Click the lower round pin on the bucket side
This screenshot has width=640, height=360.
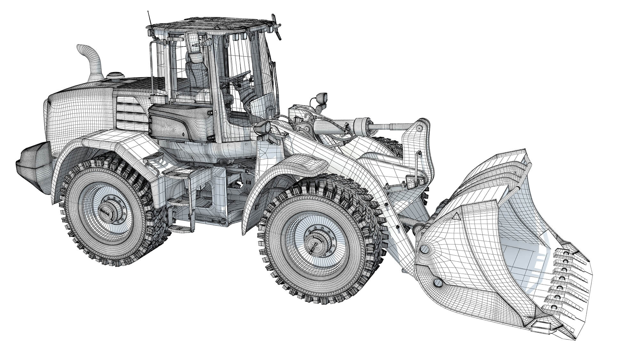pos(438,282)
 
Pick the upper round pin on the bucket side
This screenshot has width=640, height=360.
pos(425,249)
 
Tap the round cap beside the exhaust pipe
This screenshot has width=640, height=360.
pos(116,76)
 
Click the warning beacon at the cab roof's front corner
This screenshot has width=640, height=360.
pos(276,27)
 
